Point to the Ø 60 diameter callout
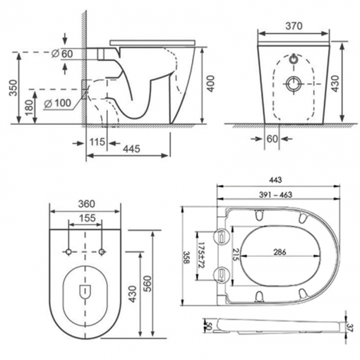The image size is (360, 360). pos(62,54)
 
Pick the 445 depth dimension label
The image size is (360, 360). pos(130,148)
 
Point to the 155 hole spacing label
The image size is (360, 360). pos(85,218)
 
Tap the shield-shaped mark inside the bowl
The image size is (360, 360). pos(85,290)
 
